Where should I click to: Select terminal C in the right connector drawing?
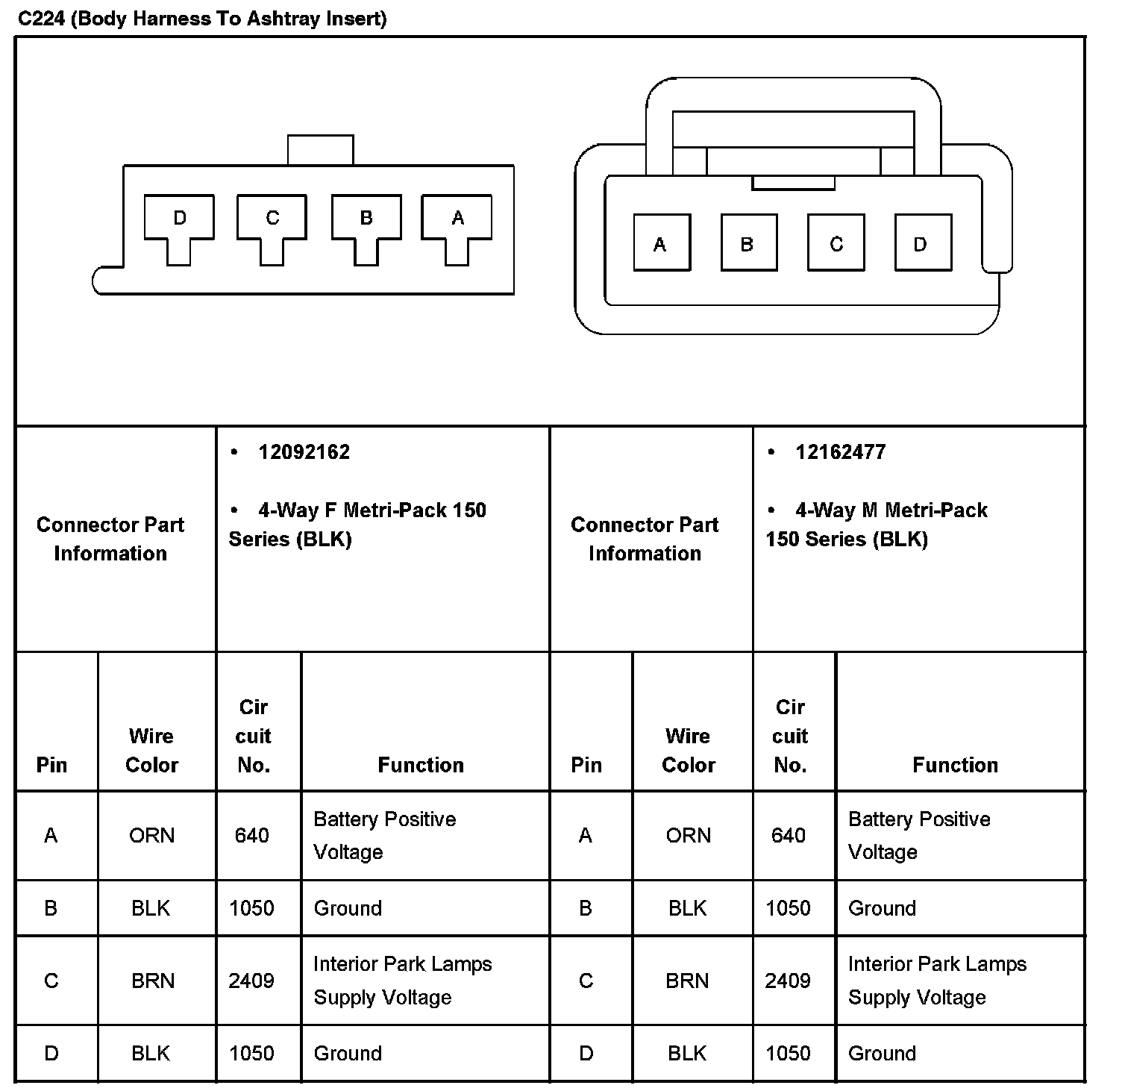(836, 243)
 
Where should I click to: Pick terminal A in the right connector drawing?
(661, 243)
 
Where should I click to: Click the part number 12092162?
(304, 452)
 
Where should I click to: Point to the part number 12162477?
(840, 452)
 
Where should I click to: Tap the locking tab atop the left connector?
(320, 150)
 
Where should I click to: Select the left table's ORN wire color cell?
(152, 835)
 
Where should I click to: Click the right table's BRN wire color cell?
(687, 980)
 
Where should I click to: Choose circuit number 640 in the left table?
(252, 835)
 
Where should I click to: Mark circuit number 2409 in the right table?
(788, 980)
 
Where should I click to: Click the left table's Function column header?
(421, 765)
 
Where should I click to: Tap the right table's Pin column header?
(586, 765)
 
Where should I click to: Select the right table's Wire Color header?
(689, 750)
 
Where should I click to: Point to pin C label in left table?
(51, 980)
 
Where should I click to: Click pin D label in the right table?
(586, 1053)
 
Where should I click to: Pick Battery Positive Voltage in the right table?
(919, 835)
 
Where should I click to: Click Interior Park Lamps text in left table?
(402, 964)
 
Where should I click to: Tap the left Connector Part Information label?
(110, 539)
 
